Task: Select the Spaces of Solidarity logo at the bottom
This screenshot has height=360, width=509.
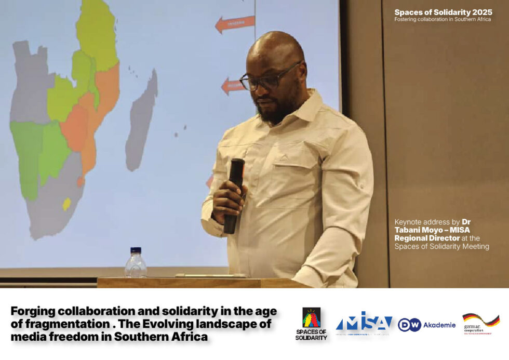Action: (311, 324)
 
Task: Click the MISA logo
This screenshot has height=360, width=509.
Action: (364, 324)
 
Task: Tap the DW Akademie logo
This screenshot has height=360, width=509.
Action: (426, 325)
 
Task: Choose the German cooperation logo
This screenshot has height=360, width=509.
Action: (480, 324)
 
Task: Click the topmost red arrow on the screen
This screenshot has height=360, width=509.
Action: (235, 23)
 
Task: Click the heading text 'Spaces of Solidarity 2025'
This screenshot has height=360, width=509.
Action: (442, 12)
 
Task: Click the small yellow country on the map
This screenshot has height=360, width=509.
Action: (66, 204)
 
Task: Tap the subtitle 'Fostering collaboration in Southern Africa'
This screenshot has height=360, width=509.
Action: (442, 20)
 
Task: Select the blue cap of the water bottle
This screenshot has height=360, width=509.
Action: (136, 250)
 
